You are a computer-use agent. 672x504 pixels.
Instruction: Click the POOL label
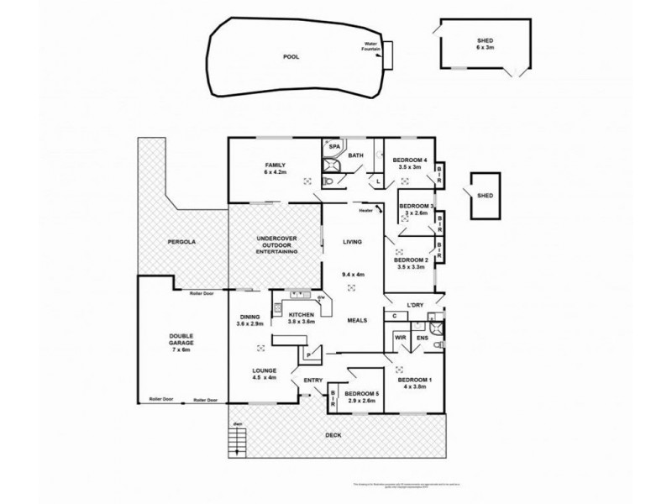291,57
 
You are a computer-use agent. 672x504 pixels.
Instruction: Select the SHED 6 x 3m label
486,45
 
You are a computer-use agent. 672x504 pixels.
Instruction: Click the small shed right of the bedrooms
485,196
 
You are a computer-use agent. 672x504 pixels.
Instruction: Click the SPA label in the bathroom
333,147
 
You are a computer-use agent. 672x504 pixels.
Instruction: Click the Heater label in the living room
364,211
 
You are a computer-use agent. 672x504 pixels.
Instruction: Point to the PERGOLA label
181,241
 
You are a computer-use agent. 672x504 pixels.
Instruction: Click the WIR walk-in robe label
401,339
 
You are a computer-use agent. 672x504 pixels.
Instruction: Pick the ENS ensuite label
423,339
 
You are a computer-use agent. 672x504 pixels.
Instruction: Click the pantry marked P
308,355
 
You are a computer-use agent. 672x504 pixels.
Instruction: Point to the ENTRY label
312,381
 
